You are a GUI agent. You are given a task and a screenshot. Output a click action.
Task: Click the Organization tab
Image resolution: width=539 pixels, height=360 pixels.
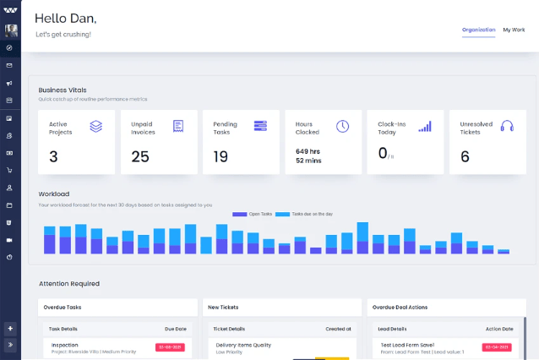coord(478,30)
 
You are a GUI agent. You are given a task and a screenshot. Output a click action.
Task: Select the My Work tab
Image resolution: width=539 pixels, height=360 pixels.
coord(514,30)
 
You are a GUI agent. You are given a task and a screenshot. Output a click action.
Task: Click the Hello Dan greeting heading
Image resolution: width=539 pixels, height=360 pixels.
coord(65,18)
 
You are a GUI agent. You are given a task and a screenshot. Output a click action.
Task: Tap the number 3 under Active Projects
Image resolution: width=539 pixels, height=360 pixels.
coord(53,156)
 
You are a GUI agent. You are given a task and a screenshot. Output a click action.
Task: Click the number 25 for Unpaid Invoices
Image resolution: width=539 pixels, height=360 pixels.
coord(140,156)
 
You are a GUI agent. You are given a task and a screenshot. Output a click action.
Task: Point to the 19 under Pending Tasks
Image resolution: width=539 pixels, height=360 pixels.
coord(220,156)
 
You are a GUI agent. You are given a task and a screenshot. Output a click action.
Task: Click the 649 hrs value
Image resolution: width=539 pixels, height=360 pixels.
coord(308,151)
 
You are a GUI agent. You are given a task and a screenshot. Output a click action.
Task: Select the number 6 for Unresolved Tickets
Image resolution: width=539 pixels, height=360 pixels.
coord(465,156)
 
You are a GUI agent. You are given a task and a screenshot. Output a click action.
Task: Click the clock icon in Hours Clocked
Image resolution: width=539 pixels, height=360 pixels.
coord(342,126)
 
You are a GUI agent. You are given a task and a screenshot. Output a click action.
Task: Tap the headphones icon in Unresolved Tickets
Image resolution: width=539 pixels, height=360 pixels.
coord(507,126)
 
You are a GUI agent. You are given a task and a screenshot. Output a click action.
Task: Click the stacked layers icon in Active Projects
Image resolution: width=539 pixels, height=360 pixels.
coord(96,126)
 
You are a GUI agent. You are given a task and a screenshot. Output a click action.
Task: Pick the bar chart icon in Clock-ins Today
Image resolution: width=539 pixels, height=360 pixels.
coord(425,126)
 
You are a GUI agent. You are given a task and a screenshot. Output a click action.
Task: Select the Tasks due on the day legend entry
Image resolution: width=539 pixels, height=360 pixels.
coord(308,214)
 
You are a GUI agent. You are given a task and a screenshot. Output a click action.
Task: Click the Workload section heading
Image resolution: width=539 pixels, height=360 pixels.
coord(54,194)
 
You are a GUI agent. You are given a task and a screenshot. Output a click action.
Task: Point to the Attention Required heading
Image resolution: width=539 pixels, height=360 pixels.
coord(68,283)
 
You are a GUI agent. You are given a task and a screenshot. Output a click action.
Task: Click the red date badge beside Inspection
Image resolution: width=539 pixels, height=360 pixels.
coord(170,346)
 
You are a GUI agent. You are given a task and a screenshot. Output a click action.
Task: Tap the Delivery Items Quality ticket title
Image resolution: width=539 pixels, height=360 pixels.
coord(243,345)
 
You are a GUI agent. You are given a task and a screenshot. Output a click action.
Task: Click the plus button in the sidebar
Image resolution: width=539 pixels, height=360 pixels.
coord(10,328)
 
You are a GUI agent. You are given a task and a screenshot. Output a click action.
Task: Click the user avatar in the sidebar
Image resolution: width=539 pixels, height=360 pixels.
coord(11,30)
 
